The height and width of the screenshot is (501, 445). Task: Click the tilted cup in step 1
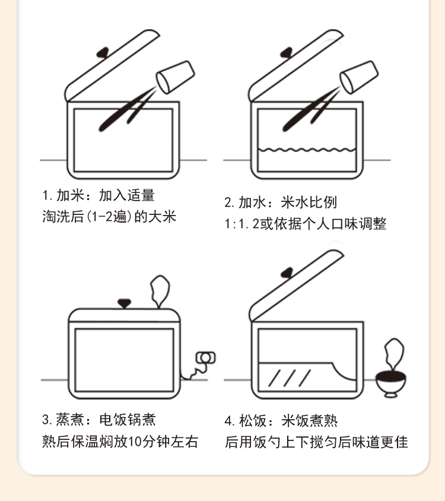(175, 77)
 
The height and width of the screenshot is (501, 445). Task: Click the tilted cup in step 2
(359, 77)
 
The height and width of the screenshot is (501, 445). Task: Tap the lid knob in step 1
(103, 52)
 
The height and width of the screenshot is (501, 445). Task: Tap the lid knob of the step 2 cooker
(287, 52)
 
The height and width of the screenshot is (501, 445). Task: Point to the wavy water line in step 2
(307, 150)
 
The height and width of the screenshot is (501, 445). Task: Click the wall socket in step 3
(206, 358)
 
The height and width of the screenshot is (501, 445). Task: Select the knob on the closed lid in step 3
(124, 303)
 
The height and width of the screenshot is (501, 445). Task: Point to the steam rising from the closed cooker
(160, 291)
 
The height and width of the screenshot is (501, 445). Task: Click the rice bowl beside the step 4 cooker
(390, 385)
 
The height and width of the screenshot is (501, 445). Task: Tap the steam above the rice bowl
(394, 354)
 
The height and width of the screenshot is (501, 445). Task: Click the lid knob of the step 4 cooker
(287, 272)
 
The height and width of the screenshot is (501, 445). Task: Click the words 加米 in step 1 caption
(70, 195)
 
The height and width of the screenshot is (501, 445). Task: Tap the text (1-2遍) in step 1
(109, 217)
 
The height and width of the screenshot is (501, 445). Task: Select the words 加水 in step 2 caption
(252, 202)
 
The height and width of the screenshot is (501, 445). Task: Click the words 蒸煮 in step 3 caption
(70, 420)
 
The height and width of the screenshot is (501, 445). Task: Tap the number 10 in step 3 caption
(135, 441)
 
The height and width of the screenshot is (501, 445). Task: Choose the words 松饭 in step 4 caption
(253, 421)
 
